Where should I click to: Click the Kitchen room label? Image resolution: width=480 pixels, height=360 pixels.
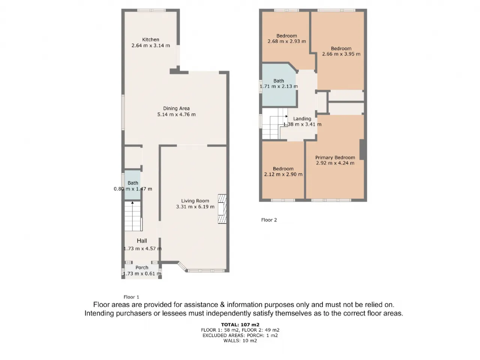tap(150, 40)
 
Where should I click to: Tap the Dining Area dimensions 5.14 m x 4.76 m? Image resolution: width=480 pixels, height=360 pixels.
tap(176, 114)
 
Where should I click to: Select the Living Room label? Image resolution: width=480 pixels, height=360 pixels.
tap(195, 201)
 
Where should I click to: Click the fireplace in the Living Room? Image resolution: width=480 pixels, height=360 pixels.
tap(222, 209)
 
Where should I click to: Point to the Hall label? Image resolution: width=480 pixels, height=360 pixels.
tap(142, 241)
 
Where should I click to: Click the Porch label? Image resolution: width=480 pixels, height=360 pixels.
tap(142, 267)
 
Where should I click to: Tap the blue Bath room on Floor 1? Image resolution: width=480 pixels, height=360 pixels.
tap(132, 185)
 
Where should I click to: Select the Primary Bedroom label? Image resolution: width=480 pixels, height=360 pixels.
tap(335, 157)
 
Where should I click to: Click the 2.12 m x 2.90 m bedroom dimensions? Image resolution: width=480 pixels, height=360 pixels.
tap(283, 174)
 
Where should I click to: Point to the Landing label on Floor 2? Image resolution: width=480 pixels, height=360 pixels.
tap(302, 119)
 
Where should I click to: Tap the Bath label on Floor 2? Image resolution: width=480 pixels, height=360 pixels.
tap(279, 81)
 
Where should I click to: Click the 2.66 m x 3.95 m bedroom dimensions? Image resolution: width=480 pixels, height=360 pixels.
tap(341, 54)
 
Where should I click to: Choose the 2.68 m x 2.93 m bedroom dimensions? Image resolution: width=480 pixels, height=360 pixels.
tap(287, 41)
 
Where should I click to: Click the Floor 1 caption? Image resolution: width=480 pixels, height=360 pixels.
tap(131, 297)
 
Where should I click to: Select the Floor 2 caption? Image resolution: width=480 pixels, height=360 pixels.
tap(269, 220)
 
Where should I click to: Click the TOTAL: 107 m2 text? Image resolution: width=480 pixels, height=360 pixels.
tap(240, 325)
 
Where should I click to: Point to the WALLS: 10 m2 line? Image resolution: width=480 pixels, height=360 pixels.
tap(240, 340)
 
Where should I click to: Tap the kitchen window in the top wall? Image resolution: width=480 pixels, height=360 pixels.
tap(151, 10)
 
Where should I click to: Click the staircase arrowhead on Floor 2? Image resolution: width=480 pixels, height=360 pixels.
tap(286, 116)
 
